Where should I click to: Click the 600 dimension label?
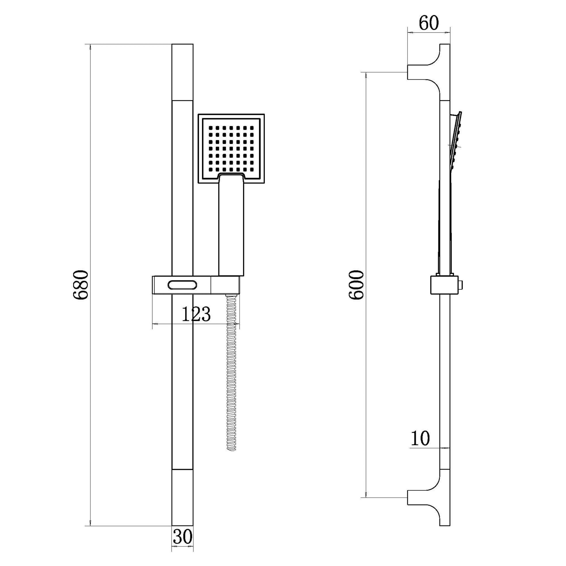click(x=356, y=285)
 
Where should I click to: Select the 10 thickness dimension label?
click(x=420, y=446)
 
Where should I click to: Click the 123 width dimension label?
click(x=196, y=314)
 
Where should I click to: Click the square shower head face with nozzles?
click(x=231, y=149)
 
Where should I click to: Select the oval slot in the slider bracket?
click(x=183, y=285)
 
